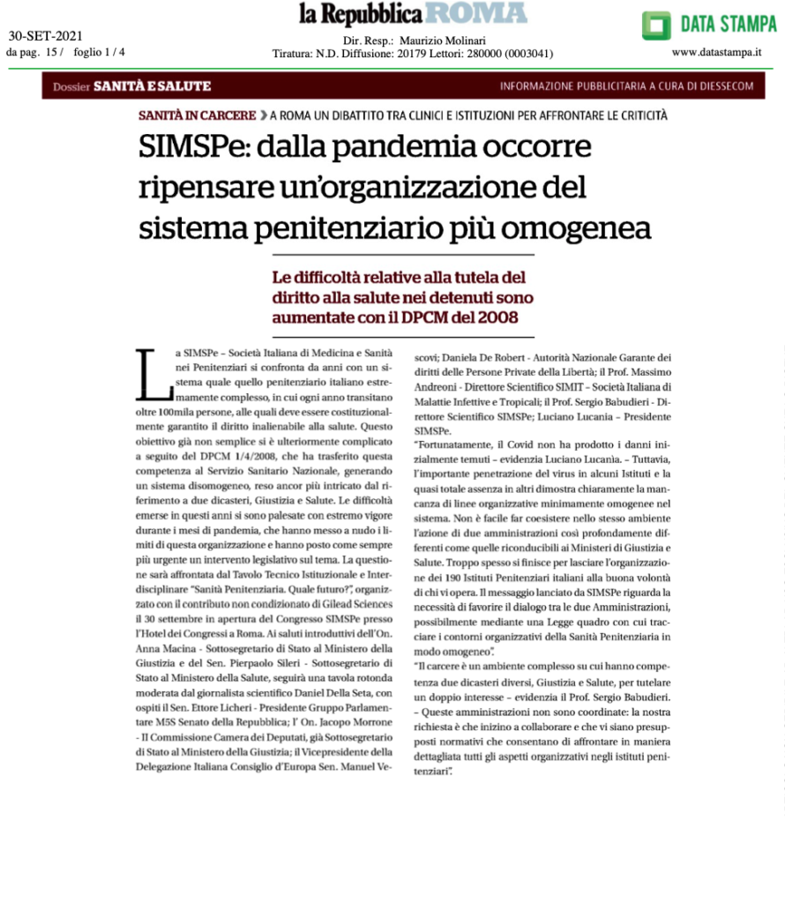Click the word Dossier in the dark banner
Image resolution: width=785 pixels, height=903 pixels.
(x=71, y=86)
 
